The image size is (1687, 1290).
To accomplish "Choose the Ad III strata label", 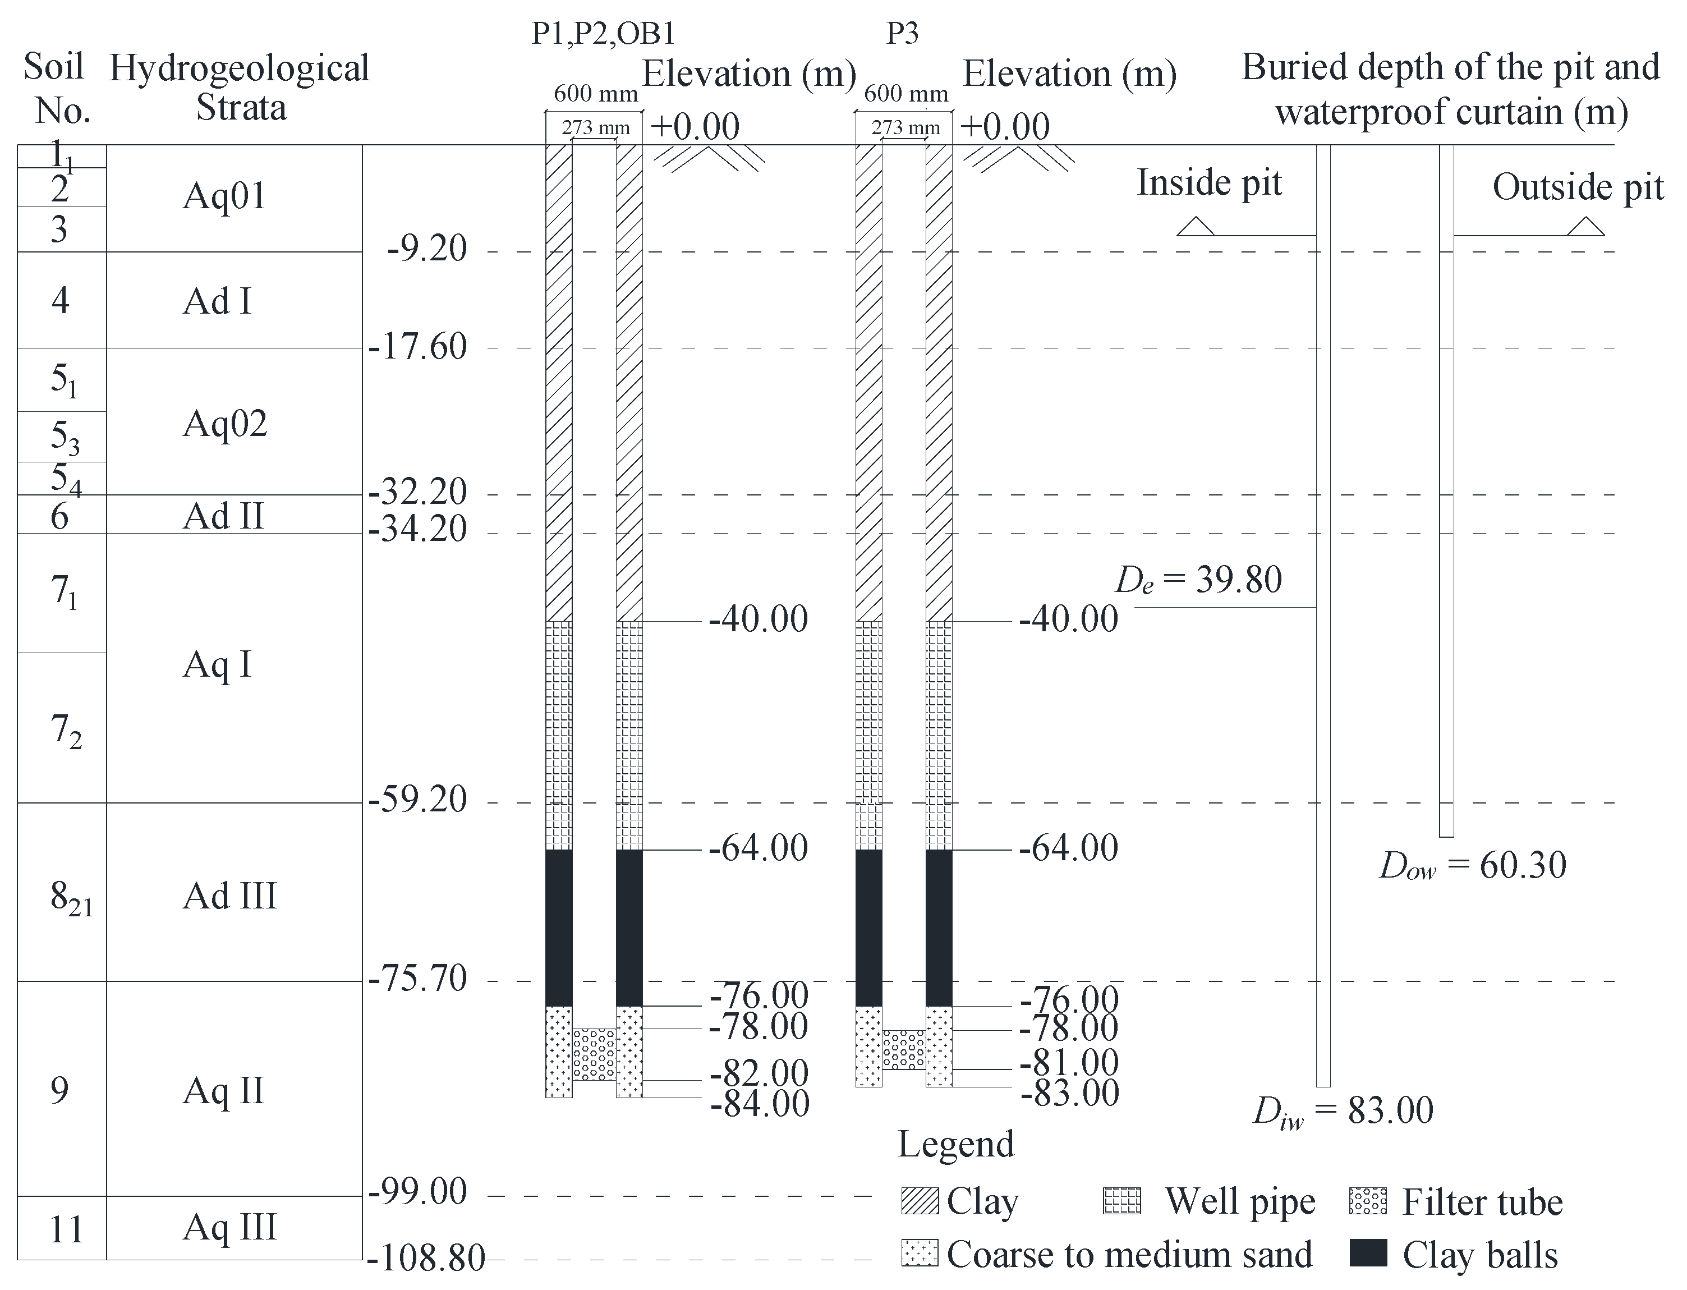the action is coord(229,896).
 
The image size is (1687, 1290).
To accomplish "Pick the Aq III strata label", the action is coord(229,1226).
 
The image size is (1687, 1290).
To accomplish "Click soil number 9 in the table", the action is coord(60,1090).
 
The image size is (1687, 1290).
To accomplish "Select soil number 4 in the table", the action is coord(60,300).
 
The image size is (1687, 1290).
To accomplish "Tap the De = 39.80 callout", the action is coord(1199,581).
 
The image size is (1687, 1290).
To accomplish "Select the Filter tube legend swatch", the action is coord(1368,1201).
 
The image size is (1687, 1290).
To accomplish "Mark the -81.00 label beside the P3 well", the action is coord(1070,1063).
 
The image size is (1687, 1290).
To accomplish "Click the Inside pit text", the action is coord(1210,183).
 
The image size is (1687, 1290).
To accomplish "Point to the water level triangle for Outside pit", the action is coord(1585,227).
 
